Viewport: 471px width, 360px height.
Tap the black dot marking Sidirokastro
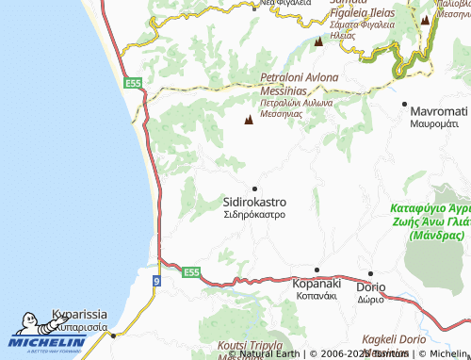click(x=254, y=188)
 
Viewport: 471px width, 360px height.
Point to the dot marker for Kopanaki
click(x=317, y=270)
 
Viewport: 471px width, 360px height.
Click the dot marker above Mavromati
click(x=405, y=103)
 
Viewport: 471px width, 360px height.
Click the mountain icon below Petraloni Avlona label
click(x=249, y=121)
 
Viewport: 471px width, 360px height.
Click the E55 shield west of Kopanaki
click(x=191, y=272)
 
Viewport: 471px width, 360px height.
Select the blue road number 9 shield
click(x=154, y=280)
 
